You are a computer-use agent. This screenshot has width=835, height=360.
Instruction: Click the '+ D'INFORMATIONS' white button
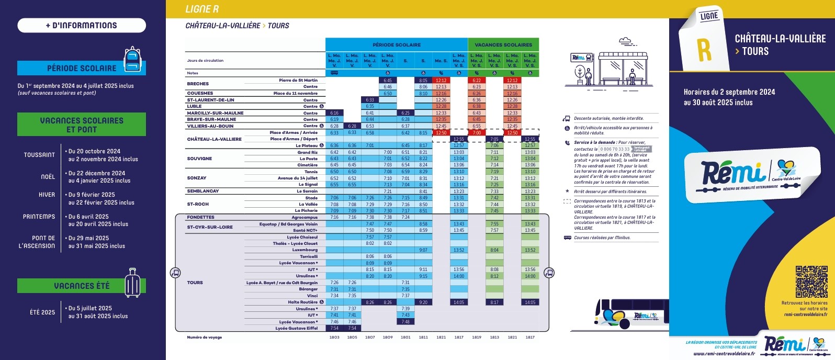point(82,25)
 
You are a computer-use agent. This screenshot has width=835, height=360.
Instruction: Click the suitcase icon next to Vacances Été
point(133,283)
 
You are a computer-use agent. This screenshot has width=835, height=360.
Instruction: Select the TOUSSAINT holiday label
point(39,155)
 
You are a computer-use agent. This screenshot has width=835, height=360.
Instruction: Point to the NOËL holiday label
point(48,177)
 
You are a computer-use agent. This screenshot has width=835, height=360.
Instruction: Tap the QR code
point(811,282)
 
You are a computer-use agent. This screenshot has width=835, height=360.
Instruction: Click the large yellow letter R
point(704,49)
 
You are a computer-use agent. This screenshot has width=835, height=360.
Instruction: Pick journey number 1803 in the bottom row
point(334,337)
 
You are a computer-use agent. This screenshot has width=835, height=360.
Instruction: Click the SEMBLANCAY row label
point(203,191)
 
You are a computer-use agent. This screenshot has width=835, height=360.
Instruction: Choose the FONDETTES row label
point(201,217)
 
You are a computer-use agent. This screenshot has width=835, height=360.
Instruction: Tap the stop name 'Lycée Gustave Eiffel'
point(297,329)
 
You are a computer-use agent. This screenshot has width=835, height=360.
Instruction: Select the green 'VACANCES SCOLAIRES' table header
point(503,45)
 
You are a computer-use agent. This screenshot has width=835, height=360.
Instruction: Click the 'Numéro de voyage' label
point(205,337)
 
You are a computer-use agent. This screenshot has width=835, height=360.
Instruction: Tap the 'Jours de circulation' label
point(205,61)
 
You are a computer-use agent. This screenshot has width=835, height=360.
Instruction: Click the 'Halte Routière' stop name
point(302,302)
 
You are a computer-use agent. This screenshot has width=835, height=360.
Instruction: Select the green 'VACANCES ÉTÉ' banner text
point(82,286)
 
